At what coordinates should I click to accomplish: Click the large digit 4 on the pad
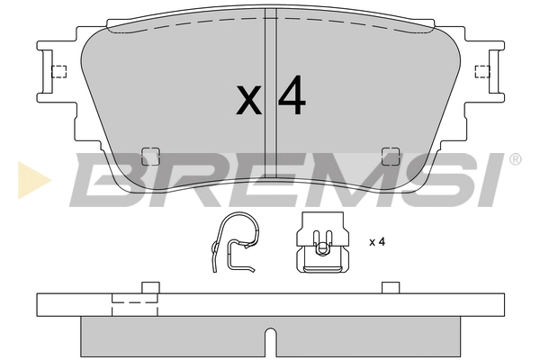(x=292, y=94)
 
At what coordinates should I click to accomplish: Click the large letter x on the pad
(x=248, y=100)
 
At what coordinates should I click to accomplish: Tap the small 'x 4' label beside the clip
(x=377, y=242)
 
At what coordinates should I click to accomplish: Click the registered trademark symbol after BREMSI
(x=515, y=159)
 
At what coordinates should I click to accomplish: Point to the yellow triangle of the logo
(x=32, y=179)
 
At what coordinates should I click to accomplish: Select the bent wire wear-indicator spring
(x=234, y=242)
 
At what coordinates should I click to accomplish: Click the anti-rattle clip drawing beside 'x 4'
(x=323, y=242)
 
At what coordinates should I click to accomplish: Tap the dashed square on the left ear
(x=58, y=72)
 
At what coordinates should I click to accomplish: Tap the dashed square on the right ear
(x=482, y=72)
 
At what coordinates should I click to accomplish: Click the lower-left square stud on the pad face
(x=150, y=157)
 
